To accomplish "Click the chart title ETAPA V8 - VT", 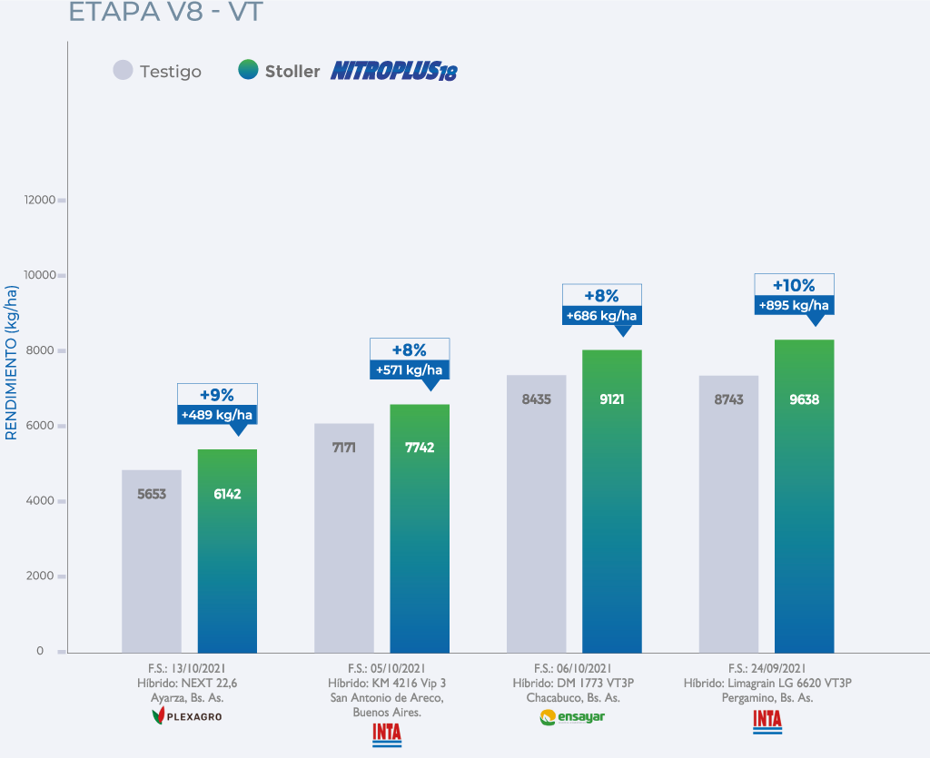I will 166,12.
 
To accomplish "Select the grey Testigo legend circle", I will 124,70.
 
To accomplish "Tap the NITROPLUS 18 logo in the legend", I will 393,71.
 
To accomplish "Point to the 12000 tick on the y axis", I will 41,200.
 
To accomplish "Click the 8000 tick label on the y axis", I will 41,350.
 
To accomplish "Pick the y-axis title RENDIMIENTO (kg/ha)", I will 12,362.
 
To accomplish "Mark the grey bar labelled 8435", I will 536,514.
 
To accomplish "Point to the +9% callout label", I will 217,395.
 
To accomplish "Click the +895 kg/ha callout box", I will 794,305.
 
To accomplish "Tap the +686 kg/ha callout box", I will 601,316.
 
